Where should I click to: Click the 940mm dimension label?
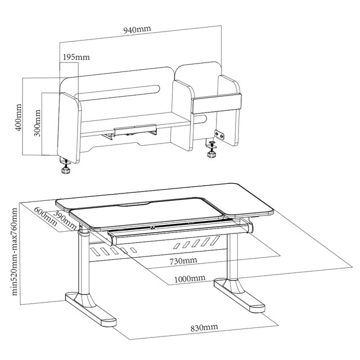coord(137,29)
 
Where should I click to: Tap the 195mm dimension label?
coord(76,57)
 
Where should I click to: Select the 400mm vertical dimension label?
coord(19,118)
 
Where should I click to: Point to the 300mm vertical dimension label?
coord(38,123)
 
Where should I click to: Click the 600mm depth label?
coord(45,216)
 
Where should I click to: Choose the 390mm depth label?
coord(65,220)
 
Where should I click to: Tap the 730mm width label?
coord(183,261)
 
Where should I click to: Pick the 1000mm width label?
coord(190,279)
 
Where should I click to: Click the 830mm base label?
coord(204,327)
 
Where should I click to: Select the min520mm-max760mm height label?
coord(14,251)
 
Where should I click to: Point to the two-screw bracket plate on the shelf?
coord(220,134)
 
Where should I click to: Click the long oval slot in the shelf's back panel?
coord(118,93)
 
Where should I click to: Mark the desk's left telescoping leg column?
coord(84,262)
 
